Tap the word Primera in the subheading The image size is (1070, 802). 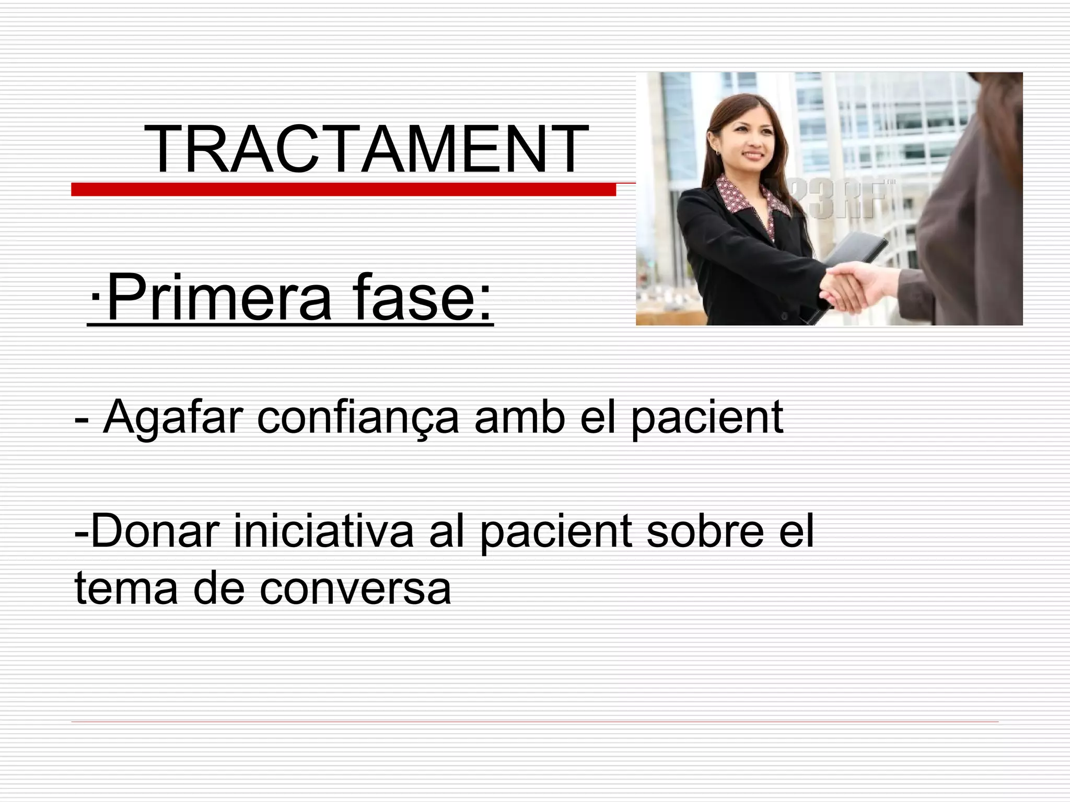point(219,299)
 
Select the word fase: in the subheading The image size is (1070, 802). point(422,299)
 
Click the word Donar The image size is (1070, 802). point(152,532)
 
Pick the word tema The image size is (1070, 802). point(126,588)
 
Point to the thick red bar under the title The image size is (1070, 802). point(343,190)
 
